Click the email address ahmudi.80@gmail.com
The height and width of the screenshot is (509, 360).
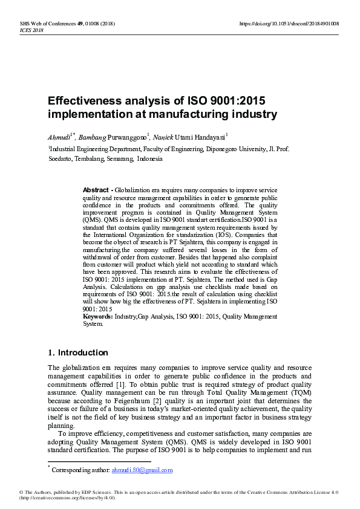pyautogui.click(x=142, y=470)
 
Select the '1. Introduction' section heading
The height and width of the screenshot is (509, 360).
pyautogui.click(x=77, y=352)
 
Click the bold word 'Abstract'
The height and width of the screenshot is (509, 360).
pyautogui.click(x=96, y=190)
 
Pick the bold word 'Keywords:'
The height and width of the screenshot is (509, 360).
pyautogui.click(x=97, y=316)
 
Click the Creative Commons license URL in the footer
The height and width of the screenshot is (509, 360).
pyautogui.click(x=67, y=498)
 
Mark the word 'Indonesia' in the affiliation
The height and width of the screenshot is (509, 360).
pyautogui.click(x=149, y=159)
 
